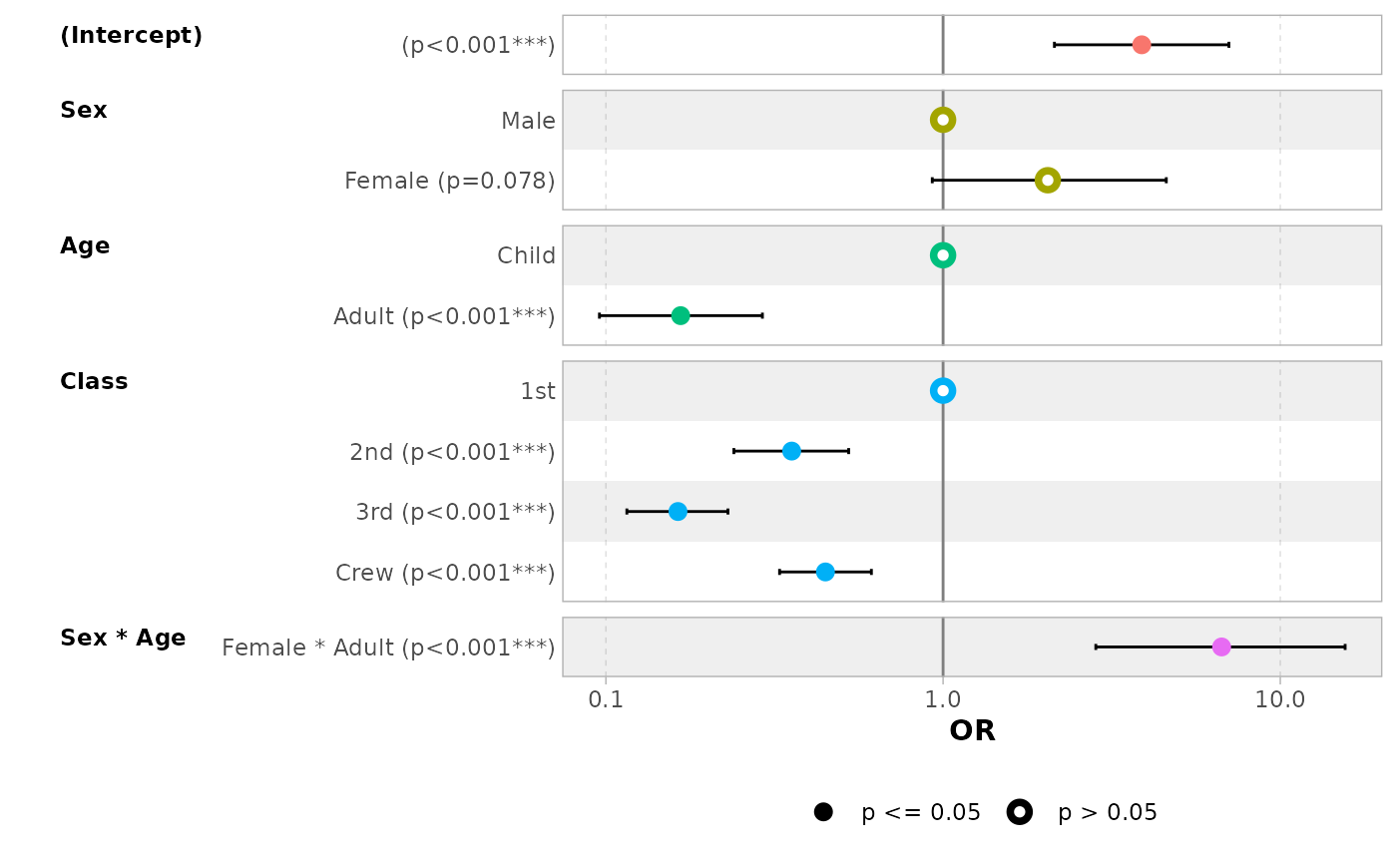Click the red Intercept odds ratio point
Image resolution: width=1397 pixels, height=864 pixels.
1142,45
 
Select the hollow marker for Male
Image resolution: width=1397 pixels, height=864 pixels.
943,120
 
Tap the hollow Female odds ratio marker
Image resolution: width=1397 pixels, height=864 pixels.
1047,180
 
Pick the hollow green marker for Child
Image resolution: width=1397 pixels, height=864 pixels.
943,255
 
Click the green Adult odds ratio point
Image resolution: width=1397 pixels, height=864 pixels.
681,315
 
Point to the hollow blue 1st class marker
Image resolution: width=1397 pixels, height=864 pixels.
943,390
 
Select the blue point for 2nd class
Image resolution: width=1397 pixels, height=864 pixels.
791,451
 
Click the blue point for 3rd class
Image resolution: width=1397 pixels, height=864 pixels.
678,511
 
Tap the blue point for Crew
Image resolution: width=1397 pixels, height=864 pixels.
825,572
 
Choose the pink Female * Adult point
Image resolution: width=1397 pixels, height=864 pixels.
1221,647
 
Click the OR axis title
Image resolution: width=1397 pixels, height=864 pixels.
972,731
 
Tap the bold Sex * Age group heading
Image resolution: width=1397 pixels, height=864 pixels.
123,639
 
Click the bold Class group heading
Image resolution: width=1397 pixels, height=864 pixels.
94,382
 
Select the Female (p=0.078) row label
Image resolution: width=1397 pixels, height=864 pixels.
449,181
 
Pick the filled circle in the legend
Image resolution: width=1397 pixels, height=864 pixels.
823,812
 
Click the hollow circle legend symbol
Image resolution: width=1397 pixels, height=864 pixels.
1019,812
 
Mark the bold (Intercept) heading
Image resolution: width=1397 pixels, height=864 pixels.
131,36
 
